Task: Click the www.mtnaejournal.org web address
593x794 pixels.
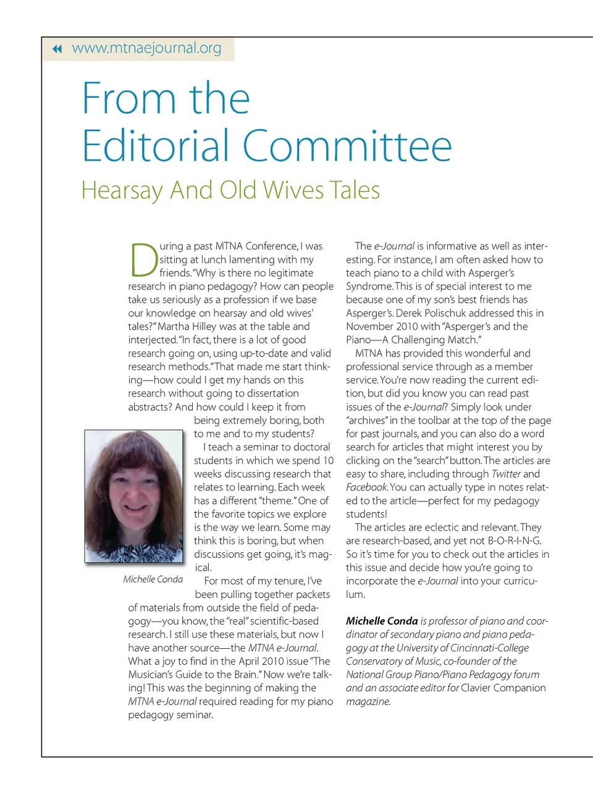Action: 146,48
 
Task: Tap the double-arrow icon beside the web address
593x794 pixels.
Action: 57,49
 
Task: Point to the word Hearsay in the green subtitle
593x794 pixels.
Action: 122,190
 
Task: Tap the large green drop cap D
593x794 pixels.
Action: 143,260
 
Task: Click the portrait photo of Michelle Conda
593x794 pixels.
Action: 134,497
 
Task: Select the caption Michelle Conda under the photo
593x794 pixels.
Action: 153,579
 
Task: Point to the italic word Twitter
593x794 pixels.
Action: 506,474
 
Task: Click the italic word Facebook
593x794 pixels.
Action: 366,487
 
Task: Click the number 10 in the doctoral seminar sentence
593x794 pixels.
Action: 328,460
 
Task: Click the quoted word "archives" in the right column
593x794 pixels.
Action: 368,420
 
